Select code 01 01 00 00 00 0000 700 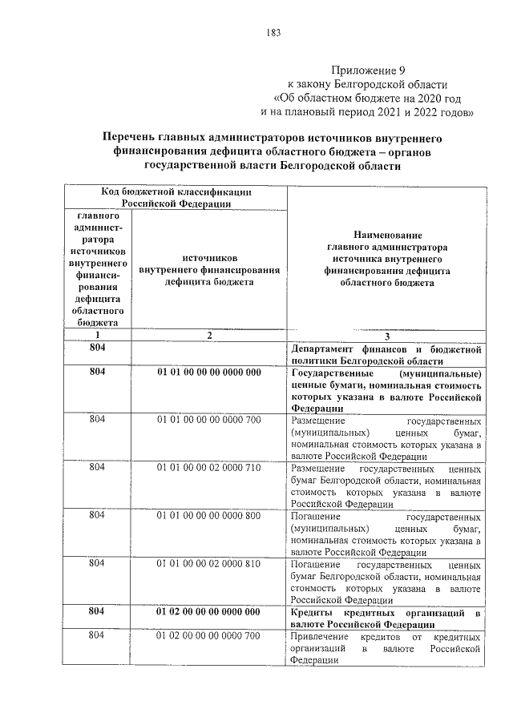(x=208, y=420)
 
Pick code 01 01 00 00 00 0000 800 (x=208, y=515)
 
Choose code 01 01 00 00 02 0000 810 (x=208, y=563)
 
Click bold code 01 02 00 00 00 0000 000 (x=208, y=611)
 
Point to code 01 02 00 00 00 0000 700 (x=208, y=636)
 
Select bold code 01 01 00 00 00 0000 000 (x=208, y=373)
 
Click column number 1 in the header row (x=96, y=336)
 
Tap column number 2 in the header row (x=208, y=336)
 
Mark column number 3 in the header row (x=386, y=336)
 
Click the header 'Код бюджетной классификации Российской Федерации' (x=176, y=197)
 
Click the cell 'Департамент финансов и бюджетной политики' (x=386, y=354)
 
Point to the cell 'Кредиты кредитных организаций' (x=386, y=618)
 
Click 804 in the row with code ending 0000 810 (x=96, y=563)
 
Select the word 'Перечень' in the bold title (x=136, y=138)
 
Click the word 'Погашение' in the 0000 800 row (x=314, y=515)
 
